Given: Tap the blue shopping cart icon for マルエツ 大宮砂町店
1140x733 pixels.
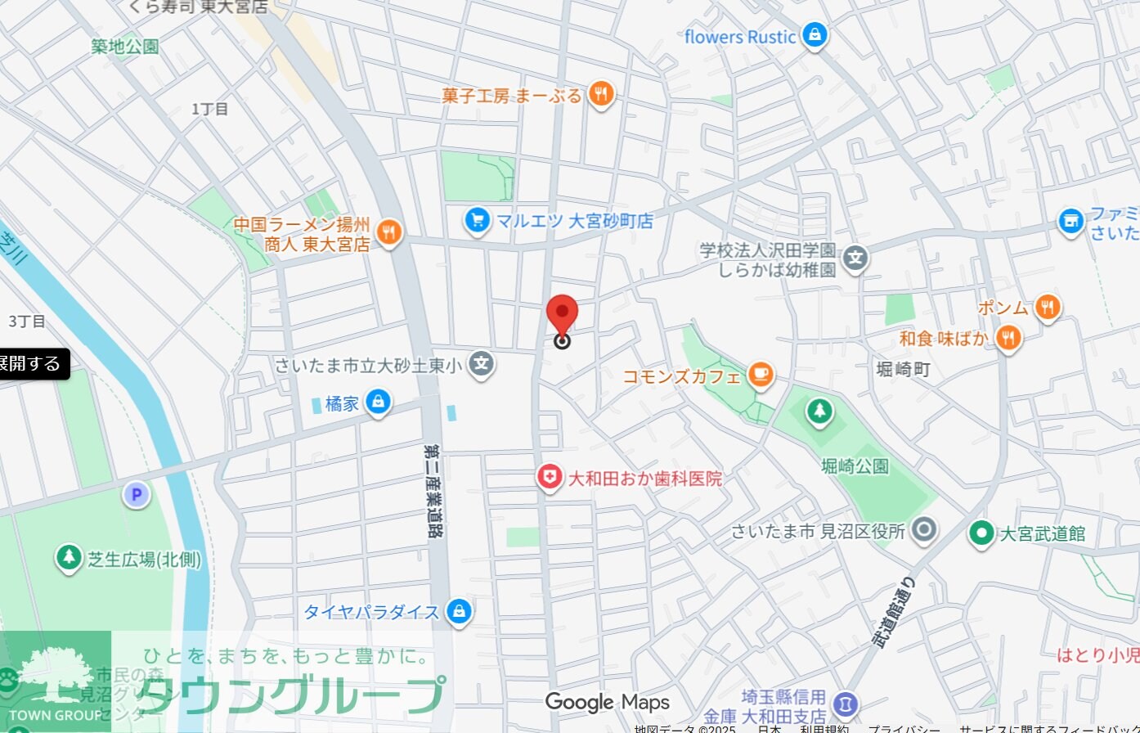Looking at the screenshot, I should pyautogui.click(x=477, y=219).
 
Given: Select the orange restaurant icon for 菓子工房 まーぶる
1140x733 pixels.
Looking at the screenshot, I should pyautogui.click(x=601, y=95).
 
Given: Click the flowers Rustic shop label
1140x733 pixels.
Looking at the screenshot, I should pyautogui.click(x=740, y=37).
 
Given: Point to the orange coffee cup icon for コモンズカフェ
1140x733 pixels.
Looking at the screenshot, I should pyautogui.click(x=761, y=375).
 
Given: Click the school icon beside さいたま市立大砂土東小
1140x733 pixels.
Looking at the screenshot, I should pyautogui.click(x=482, y=364).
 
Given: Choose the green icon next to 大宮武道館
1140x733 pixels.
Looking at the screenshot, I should pyautogui.click(x=981, y=533).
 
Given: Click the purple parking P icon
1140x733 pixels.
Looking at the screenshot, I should pyautogui.click(x=137, y=494).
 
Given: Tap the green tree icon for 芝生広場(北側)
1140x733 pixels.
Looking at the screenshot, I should pyautogui.click(x=70, y=558).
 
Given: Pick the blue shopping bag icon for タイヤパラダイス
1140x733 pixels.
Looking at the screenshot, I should pyautogui.click(x=460, y=611).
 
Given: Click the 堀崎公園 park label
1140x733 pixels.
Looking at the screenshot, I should pyautogui.click(x=855, y=466).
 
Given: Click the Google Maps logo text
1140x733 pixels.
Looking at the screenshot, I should pyautogui.click(x=607, y=702).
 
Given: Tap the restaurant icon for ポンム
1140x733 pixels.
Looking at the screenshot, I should pyautogui.click(x=1047, y=308).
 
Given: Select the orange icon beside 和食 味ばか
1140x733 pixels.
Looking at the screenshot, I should pyautogui.click(x=1009, y=337).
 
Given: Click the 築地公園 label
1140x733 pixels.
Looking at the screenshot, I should pyautogui.click(x=124, y=47).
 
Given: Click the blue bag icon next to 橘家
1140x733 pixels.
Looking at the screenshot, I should pyautogui.click(x=378, y=402).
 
